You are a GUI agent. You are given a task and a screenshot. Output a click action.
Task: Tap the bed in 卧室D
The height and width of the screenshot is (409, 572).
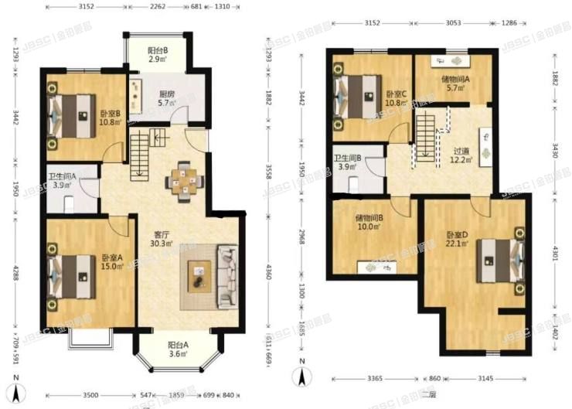tap(501, 261)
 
